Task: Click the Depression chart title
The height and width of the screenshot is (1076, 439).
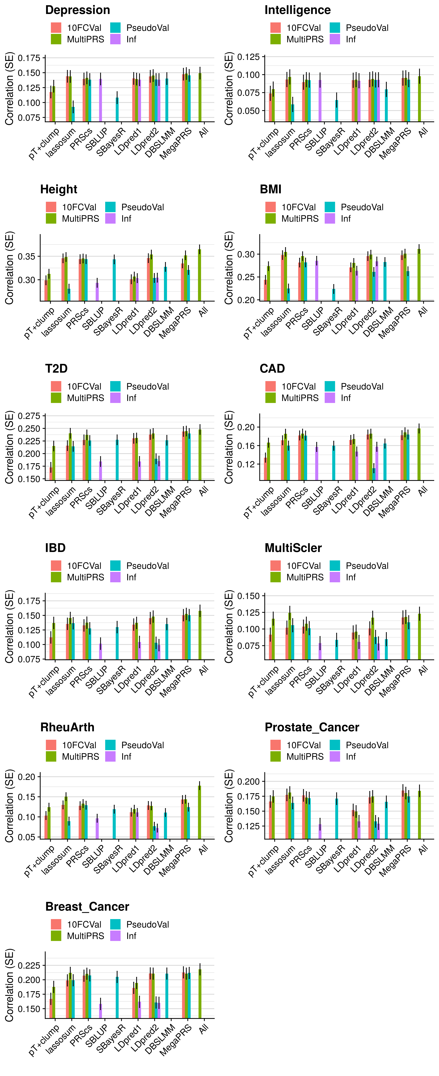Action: pyautogui.click(x=78, y=10)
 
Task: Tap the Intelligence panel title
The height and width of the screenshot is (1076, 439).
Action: pyautogui.click(x=298, y=10)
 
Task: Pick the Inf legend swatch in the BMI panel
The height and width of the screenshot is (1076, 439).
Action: pyautogui.click(x=330, y=218)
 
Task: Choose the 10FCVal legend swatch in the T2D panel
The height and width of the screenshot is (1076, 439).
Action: pyautogui.click(x=56, y=386)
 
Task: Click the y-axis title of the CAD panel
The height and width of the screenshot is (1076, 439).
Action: pyautogui.click(x=229, y=447)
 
